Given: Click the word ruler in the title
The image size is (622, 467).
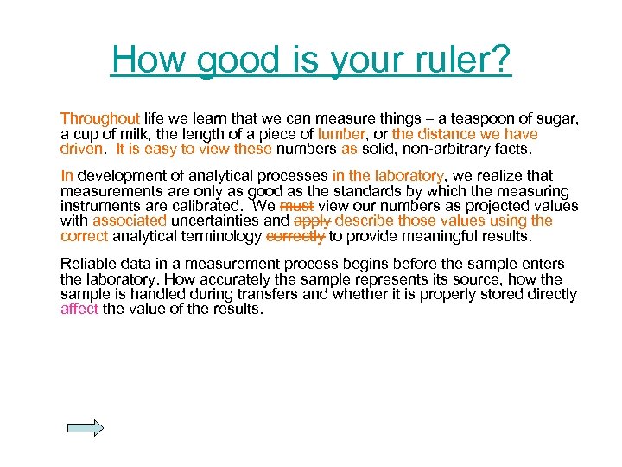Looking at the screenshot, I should tap(466, 60).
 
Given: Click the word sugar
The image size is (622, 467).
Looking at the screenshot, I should tap(555, 118).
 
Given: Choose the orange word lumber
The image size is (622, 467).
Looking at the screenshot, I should tap(341, 134).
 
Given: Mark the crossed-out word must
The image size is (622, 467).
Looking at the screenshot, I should tap(296, 206).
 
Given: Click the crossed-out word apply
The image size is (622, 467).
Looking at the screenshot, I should tap(312, 221).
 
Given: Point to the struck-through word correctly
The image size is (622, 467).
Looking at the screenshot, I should tap(295, 235).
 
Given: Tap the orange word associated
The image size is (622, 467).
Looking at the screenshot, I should tap(129, 221).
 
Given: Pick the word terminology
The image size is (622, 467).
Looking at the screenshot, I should tap(220, 235).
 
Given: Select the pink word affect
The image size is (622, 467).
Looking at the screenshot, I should tap(79, 309).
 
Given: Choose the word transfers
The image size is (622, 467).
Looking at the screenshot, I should tap(308, 294).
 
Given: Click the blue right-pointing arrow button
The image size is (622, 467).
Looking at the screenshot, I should tap(85, 428).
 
